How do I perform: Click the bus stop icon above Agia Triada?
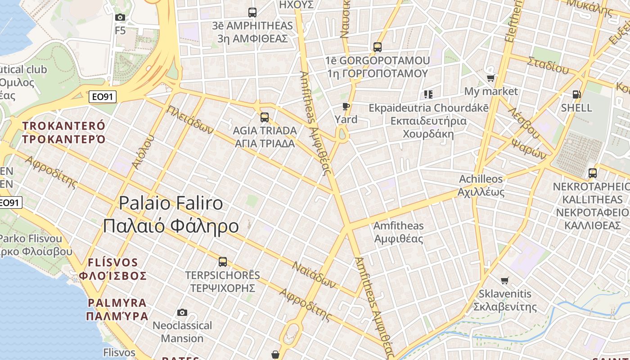265,117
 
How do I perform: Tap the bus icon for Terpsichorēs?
222,261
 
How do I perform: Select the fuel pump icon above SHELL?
576,94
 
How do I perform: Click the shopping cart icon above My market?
490,78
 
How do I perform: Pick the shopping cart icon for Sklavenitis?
505,280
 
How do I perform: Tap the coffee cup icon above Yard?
346,106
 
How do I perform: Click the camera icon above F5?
120,18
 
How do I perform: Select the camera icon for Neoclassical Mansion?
182,312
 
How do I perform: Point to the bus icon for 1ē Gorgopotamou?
377,47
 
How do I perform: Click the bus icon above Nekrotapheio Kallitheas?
593,173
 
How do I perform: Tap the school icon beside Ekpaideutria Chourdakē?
428,94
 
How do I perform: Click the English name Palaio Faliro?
171,203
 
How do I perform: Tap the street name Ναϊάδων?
315,274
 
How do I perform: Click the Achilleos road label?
481,179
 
